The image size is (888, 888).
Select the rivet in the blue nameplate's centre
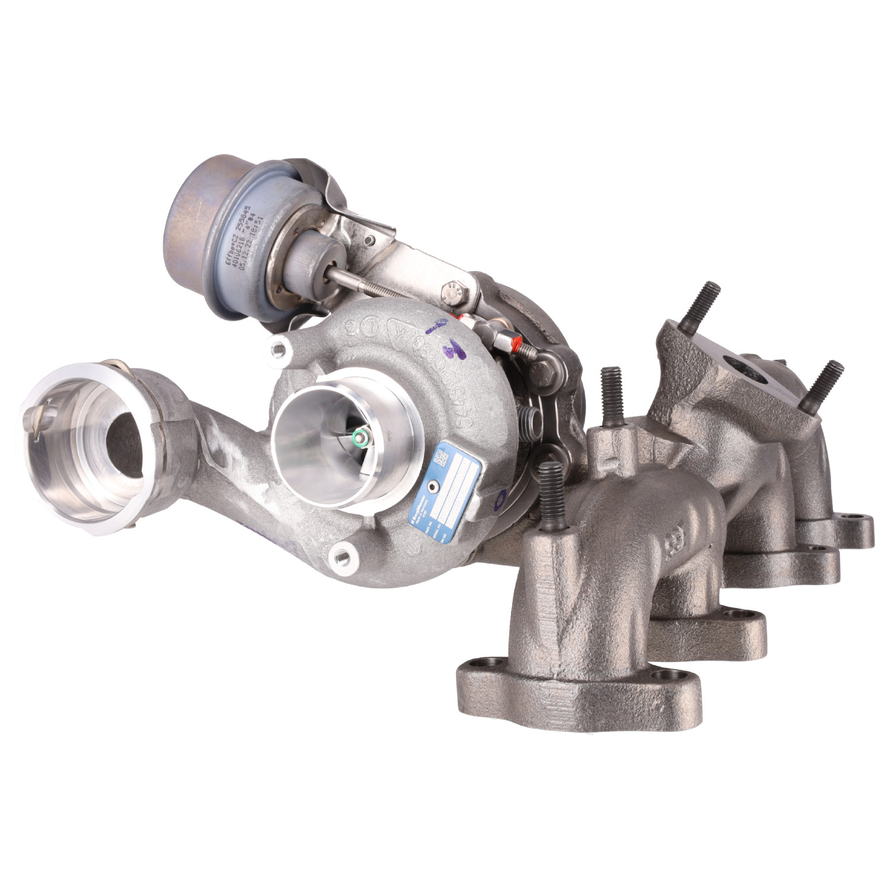(x=437, y=487)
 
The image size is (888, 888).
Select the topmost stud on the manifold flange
(x=705, y=303)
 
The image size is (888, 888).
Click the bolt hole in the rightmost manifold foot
(x=857, y=522)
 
